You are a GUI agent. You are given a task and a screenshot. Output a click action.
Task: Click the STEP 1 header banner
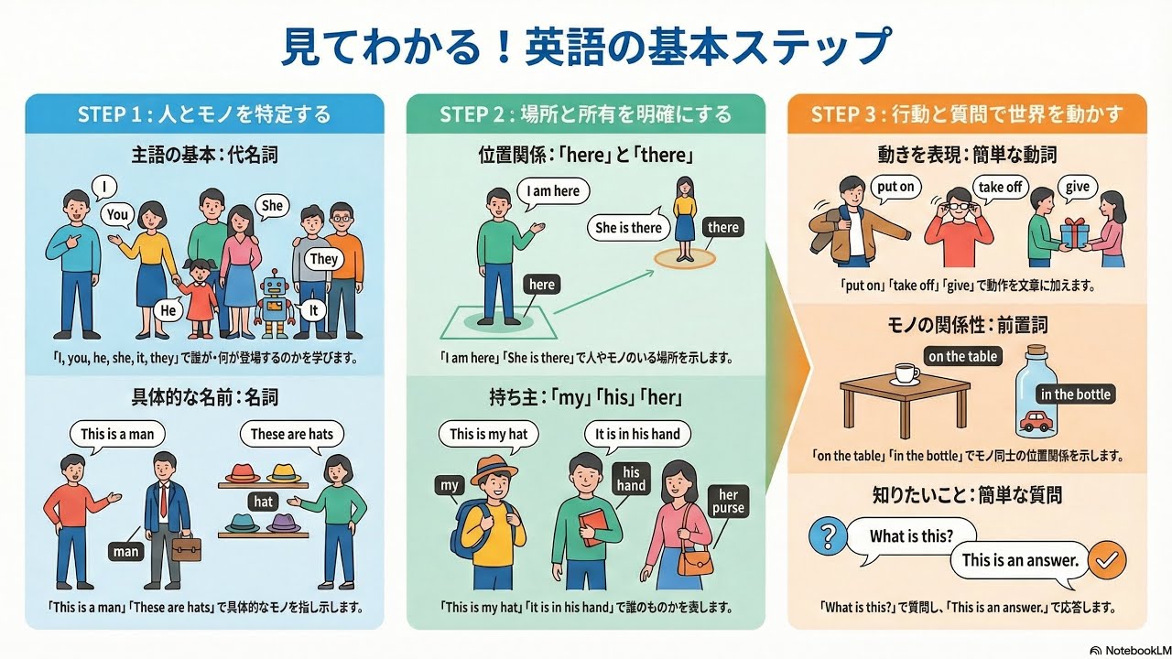(204, 114)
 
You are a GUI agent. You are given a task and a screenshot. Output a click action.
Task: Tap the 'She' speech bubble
(272, 205)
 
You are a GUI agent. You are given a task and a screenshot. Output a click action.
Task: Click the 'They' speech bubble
(323, 258)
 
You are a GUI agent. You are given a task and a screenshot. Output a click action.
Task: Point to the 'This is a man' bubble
(117, 434)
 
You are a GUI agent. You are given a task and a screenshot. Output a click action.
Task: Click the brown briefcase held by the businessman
(186, 546)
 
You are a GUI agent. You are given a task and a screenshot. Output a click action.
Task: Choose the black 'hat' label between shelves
(264, 501)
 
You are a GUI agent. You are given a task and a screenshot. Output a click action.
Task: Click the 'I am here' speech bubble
(553, 191)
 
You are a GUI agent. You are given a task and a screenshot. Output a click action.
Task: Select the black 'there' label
(722, 227)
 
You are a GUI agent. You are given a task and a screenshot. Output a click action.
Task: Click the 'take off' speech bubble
(999, 187)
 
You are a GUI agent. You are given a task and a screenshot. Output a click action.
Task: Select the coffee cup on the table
(906, 373)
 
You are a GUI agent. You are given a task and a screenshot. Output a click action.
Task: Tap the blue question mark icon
(828, 535)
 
